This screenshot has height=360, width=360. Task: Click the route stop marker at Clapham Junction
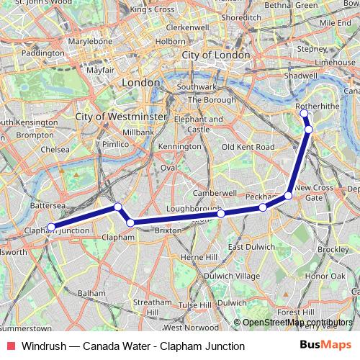50,228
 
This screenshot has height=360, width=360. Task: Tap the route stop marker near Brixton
130,222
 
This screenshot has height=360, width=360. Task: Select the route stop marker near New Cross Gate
288,195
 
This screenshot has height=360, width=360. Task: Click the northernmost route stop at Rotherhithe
304,113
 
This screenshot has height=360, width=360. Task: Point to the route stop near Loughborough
221,213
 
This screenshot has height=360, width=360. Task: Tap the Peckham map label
260,197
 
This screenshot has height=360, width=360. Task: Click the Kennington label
181,146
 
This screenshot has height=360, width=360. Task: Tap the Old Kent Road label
248,146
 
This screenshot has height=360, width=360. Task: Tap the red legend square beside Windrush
11,346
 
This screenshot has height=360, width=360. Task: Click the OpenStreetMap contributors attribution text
297,322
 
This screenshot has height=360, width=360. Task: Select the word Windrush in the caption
42,346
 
